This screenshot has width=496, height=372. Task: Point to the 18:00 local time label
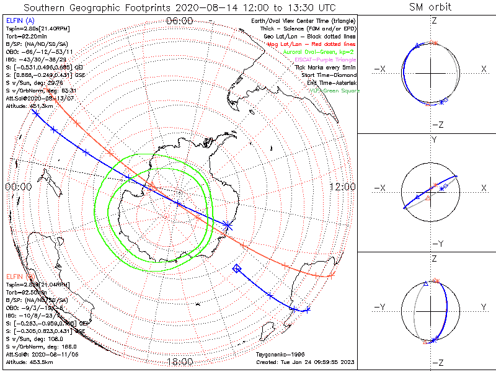180,361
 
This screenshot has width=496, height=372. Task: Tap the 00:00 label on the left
18,187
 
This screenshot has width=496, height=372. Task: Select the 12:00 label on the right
342,187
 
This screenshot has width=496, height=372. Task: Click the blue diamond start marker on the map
236,268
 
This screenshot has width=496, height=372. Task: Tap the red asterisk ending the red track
332,275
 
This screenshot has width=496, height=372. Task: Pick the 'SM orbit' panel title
430,7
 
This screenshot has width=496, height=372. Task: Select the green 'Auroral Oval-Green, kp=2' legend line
320,52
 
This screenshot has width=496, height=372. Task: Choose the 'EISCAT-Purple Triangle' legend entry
322,60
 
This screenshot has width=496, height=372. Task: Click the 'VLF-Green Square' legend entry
334,91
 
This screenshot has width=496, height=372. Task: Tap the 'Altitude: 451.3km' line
29,106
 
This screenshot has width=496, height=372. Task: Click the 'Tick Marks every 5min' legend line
325,67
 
